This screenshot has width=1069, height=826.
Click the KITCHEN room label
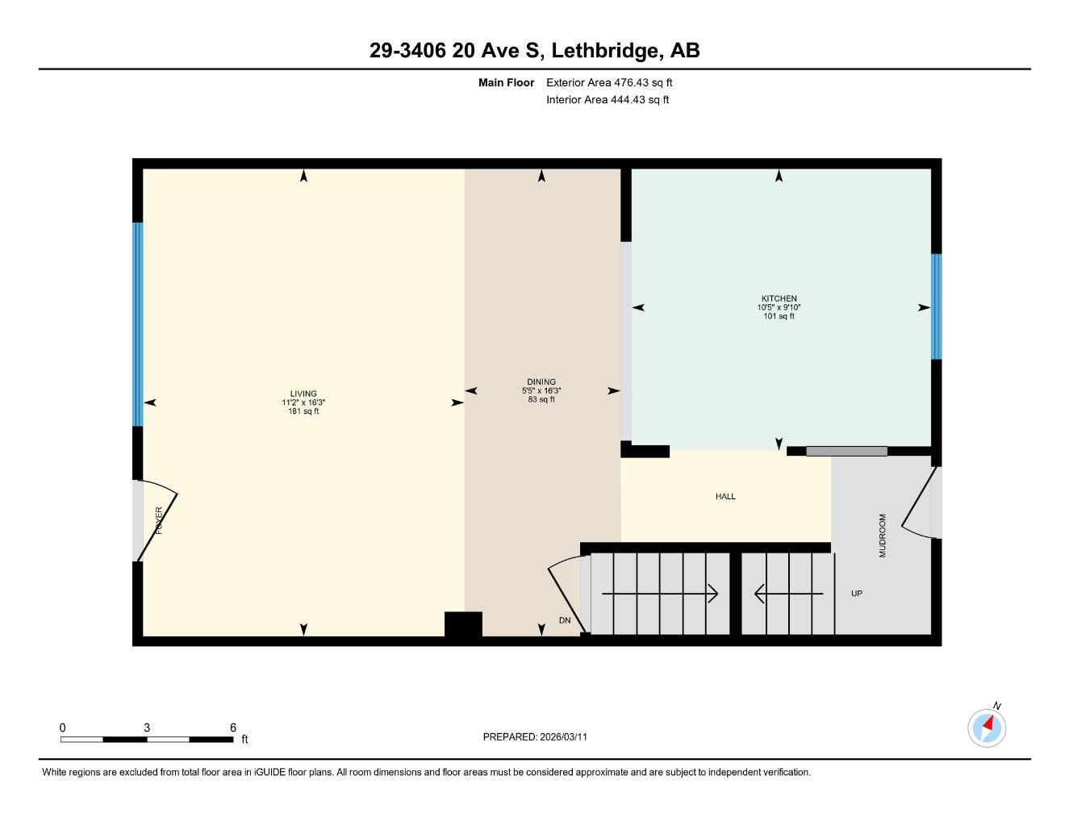click(779, 298)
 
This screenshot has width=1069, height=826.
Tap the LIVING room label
click(303, 394)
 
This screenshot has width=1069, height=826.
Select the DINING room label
click(541, 382)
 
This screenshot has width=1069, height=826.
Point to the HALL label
click(725, 497)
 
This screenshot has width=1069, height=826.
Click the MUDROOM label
click(882, 536)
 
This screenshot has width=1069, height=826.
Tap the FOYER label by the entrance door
click(159, 520)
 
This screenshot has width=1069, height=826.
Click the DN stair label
click(565, 620)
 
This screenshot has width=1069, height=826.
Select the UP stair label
click(857, 594)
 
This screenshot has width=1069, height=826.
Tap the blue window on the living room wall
click(138, 324)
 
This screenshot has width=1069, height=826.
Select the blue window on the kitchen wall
click(936, 307)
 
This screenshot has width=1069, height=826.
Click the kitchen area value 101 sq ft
click(779, 316)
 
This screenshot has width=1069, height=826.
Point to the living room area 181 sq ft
click(303, 411)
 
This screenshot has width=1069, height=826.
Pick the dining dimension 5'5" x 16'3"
click(541, 390)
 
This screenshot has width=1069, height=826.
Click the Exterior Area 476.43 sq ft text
click(609, 82)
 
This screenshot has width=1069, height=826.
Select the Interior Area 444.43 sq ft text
click(608, 100)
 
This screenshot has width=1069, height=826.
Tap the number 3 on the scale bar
click(147, 728)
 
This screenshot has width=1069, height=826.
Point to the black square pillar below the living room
click(463, 626)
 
